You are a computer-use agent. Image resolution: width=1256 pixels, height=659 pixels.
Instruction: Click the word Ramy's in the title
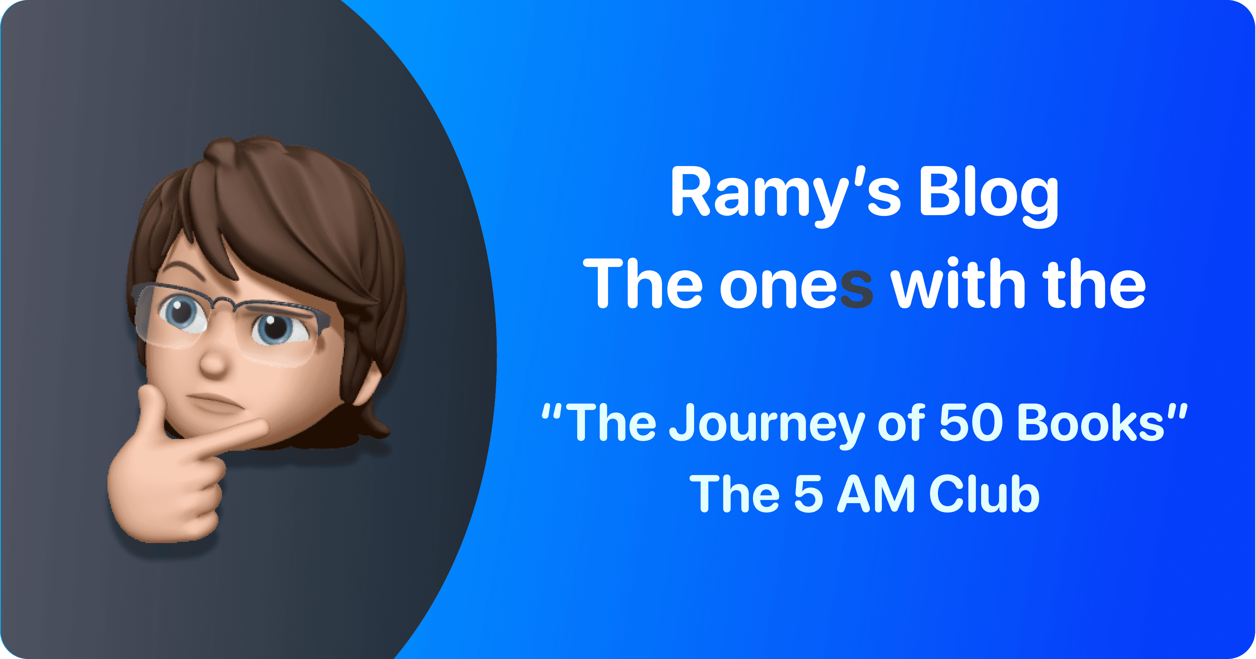pyautogui.click(x=785, y=192)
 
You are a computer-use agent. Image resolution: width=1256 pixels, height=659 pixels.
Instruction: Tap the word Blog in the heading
pyautogui.click(x=988, y=192)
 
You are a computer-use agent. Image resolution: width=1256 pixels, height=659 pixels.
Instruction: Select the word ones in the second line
pyautogui.click(x=796, y=285)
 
